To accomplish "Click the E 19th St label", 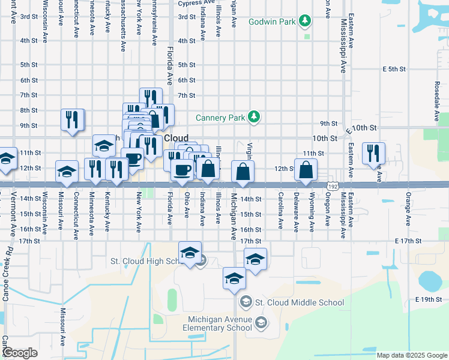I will (428, 299).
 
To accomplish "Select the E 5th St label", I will (394, 69).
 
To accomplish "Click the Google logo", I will (20, 353).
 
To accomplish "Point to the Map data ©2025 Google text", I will (411, 355).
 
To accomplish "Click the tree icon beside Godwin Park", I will (306, 22).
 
